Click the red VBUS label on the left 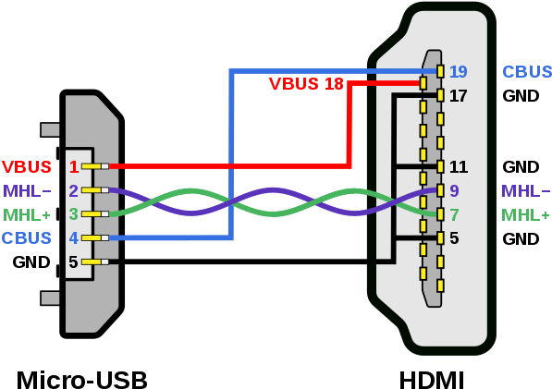(27, 167)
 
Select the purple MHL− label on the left (27, 191)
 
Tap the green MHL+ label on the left (27, 214)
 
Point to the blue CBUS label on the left (27, 238)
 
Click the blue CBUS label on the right (526, 72)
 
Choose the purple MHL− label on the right (525, 191)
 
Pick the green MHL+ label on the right (525, 215)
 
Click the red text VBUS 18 (306, 84)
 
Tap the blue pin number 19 (458, 72)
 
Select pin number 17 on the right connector (458, 96)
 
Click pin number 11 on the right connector (458, 167)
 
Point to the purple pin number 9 (454, 191)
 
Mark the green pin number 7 (454, 215)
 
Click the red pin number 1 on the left (73, 167)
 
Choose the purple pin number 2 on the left (73, 191)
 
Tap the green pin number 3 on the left (73, 214)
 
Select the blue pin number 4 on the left (73, 238)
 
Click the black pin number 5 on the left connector (73, 262)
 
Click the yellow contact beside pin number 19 (440, 71)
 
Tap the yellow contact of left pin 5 (92, 261)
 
